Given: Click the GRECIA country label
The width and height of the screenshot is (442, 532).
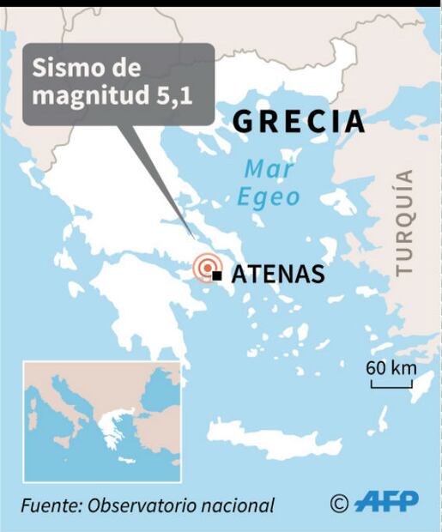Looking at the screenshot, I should pyautogui.click(x=300, y=122).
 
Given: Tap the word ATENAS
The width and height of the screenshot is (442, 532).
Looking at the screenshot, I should pyautogui.click(x=278, y=275).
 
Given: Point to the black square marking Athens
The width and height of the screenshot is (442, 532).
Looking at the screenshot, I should pyautogui.click(x=218, y=275).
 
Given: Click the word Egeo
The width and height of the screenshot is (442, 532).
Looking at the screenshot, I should pyautogui.click(x=269, y=198).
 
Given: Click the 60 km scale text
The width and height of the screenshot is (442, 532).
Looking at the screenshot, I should pyautogui.click(x=391, y=367).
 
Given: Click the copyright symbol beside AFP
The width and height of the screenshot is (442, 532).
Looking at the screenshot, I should pyautogui.click(x=339, y=503).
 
